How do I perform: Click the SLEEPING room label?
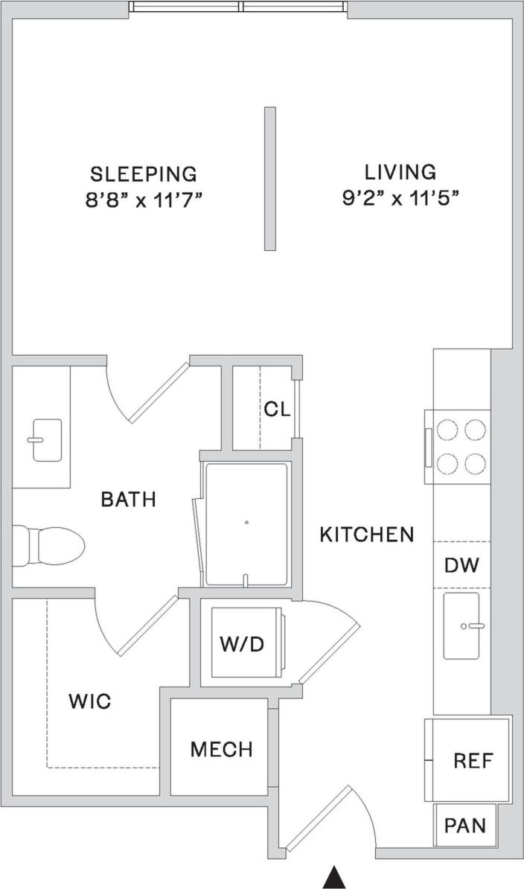tap(144, 174)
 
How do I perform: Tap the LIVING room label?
tap(400, 172)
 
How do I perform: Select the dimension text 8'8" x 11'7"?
tap(144, 200)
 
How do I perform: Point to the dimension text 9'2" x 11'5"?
tap(400, 197)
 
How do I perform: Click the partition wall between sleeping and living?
tap(270, 179)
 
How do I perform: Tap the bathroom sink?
tap(45, 440)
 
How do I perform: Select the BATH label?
tap(129, 499)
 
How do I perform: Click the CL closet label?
tap(276, 410)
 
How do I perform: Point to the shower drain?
tap(247, 522)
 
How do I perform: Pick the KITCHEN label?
tap(367, 534)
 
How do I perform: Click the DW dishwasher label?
tap(461, 565)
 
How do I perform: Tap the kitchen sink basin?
tap(461, 625)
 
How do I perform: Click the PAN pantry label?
tap(465, 825)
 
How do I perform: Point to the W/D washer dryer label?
tap(241, 644)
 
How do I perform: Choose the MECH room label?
tap(221, 749)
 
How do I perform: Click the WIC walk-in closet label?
tap(89, 701)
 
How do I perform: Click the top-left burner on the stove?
tap(447, 430)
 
